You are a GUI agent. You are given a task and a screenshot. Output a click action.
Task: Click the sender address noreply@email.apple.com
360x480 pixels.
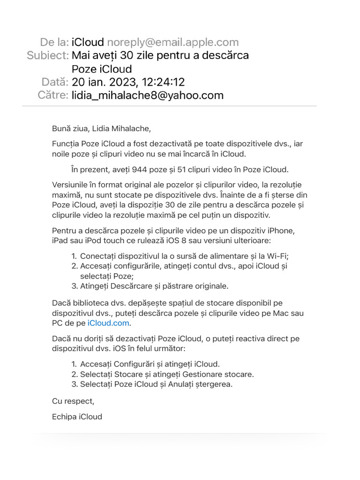tap(173, 42)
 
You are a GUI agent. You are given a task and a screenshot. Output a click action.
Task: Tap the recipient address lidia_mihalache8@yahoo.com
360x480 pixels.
tap(148, 96)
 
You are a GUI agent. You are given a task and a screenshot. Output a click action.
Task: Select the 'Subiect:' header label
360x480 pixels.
tap(48, 55)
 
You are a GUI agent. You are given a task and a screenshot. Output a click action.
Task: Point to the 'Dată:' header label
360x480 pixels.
tap(55, 82)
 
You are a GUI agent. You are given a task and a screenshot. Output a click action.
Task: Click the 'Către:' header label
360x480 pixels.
tap(53, 96)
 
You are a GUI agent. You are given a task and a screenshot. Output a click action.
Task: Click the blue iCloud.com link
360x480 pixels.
tap(109, 323)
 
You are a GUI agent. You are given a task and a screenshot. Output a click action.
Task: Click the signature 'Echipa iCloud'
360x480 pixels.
tap(77, 417)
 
